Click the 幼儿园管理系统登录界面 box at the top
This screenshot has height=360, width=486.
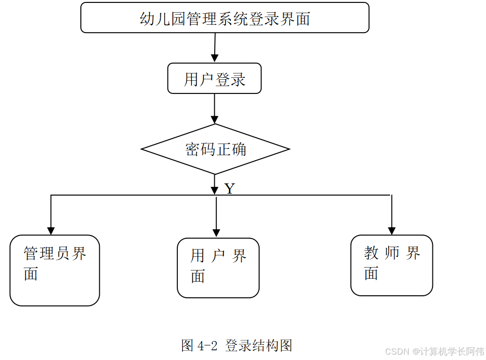[x=224, y=18]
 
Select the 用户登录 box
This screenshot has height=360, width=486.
[x=214, y=78]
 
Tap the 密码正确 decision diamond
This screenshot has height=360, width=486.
[x=215, y=149]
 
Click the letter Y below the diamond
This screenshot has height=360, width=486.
[x=230, y=189]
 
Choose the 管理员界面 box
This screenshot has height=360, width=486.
[x=55, y=270]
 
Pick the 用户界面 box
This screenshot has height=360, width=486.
[x=218, y=268]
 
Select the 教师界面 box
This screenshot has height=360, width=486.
[x=392, y=265]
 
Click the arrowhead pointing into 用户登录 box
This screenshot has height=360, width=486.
[x=214, y=58]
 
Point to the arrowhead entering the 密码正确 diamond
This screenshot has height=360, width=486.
[x=215, y=119]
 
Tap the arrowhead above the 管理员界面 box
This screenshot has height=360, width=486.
[x=51, y=231]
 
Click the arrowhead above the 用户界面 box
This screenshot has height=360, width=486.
[x=216, y=233]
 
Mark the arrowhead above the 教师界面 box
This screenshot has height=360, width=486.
[x=392, y=231]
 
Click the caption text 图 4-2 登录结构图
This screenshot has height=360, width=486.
[x=237, y=345]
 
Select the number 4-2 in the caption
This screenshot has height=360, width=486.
[x=207, y=346]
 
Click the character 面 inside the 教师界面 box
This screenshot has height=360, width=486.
[x=371, y=273]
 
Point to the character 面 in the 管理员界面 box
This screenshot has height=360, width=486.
[x=31, y=273]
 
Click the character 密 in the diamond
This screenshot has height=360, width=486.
[x=193, y=149]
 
